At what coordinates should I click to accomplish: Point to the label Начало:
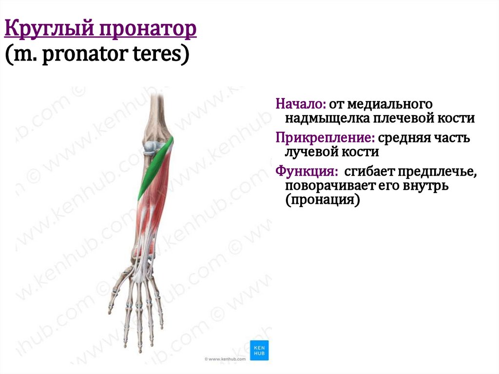pyautogui.click(x=300, y=104)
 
